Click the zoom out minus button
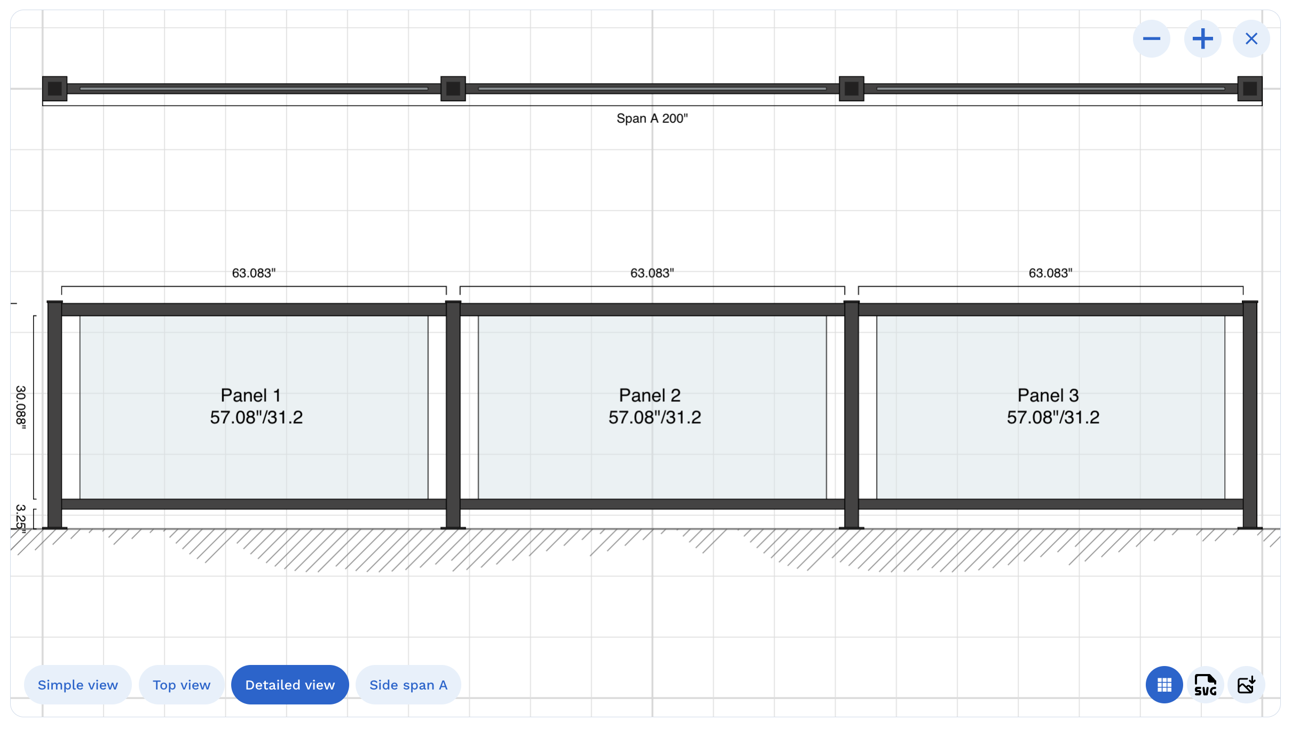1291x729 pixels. coord(1152,39)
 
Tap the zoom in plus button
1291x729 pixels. coord(1202,39)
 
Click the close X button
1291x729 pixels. coord(1251,39)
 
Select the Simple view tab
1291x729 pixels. coord(78,685)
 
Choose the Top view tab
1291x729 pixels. coord(182,685)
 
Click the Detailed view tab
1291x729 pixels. coord(290,685)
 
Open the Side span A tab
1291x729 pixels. coord(408,685)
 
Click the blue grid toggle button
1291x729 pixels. coord(1164,685)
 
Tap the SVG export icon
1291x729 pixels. coord(1206,685)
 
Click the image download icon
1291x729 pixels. coord(1246,685)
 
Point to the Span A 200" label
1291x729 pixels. coord(652,118)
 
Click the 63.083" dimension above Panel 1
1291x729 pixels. coord(254,273)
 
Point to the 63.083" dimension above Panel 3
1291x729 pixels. coord(1050,273)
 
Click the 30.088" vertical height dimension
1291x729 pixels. coord(20,407)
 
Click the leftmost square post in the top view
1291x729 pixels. coord(55,89)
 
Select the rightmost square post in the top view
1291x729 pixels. coord(1250,89)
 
